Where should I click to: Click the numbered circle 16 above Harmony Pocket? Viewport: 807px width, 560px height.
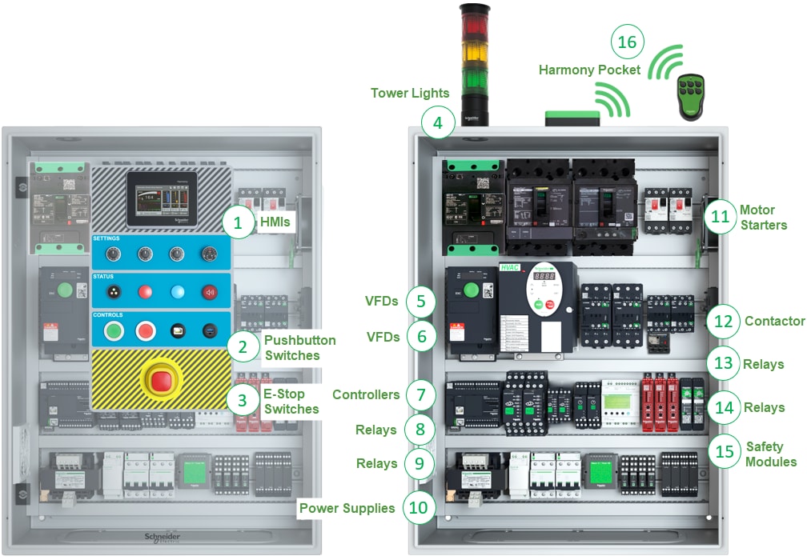point(628,42)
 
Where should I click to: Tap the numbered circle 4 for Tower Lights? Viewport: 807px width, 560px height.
point(437,123)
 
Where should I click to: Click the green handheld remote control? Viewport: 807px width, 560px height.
point(690,98)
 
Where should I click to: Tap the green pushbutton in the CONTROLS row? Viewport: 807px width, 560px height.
point(114,330)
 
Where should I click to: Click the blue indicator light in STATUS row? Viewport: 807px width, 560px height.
point(177,292)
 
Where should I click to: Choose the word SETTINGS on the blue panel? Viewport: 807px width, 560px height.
point(106,238)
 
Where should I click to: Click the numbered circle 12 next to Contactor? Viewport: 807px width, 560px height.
point(724,321)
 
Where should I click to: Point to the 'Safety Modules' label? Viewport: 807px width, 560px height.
point(771,454)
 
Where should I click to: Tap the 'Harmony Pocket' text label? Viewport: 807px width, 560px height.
point(589,70)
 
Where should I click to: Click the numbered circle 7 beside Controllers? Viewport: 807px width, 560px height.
point(420,394)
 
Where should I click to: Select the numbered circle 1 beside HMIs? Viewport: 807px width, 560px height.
point(238,222)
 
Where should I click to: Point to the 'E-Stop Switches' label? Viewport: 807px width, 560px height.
point(291,402)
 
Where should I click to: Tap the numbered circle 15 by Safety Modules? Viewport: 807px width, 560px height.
point(724,450)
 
